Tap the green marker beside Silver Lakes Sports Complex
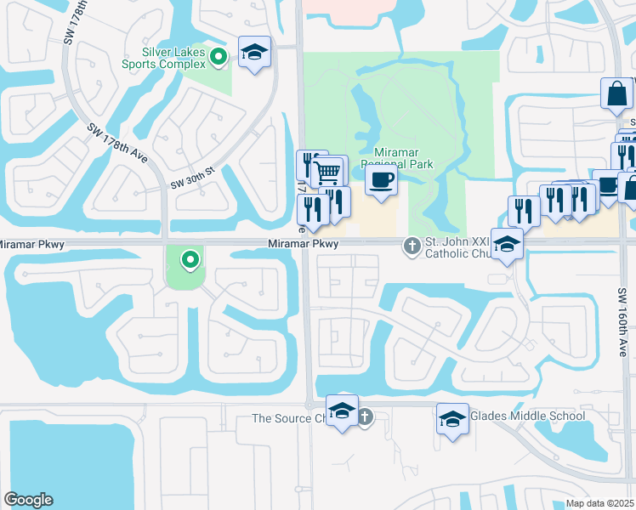coord(219,58)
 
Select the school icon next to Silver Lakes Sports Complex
coord(254,53)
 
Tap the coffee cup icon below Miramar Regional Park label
coord(381,180)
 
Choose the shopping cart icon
coord(328,173)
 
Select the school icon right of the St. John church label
coord(507,244)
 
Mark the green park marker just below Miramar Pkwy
coord(190,258)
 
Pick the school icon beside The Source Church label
coord(342,411)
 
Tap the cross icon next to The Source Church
coord(365,416)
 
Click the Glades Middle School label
coord(527,416)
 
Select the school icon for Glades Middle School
coord(452,418)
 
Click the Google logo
coord(28,500)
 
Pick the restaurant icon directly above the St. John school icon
coord(524,209)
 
